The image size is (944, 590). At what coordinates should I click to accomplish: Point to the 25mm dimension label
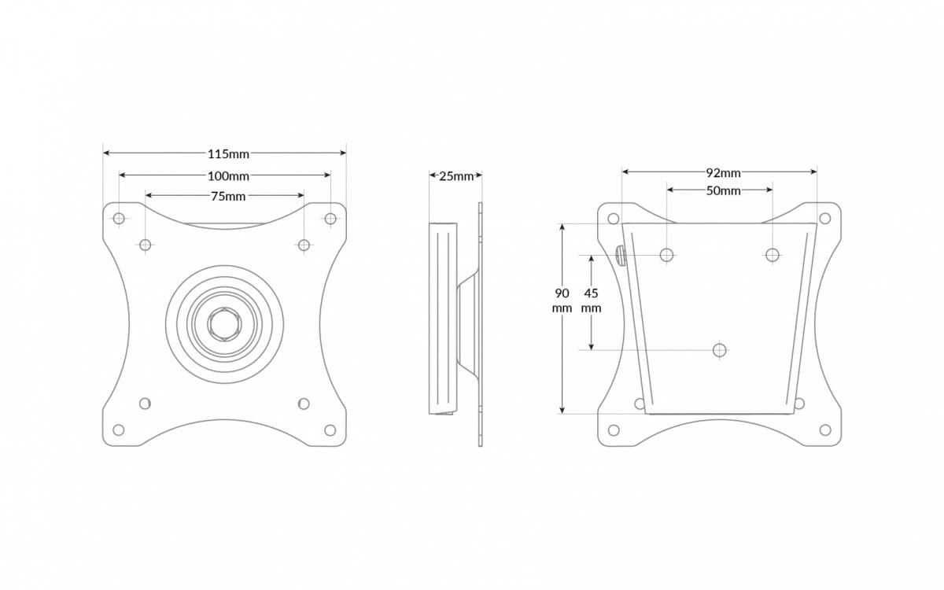(x=456, y=176)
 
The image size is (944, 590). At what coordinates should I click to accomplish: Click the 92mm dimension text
(x=723, y=172)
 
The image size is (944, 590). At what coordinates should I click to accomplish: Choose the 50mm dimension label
(x=723, y=190)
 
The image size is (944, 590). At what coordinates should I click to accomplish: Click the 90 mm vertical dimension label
(x=562, y=301)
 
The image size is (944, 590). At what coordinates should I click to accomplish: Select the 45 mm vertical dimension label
(x=591, y=301)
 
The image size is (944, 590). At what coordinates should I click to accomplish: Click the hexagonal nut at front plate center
(x=225, y=323)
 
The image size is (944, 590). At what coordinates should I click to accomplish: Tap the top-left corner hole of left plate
(x=119, y=218)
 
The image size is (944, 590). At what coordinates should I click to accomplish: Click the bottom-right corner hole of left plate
(x=330, y=430)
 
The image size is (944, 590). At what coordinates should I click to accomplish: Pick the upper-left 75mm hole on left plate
(x=146, y=245)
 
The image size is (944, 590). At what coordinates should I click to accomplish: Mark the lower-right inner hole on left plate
(x=304, y=404)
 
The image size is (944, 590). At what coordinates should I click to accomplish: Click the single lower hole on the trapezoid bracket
(x=719, y=349)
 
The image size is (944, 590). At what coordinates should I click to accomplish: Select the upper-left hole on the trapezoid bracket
(x=667, y=254)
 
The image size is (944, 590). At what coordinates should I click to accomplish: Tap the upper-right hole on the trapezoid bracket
(x=773, y=254)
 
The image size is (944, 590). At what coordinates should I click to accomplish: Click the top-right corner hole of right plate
(x=825, y=218)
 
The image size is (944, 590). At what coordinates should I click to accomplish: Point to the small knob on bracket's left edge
(x=620, y=256)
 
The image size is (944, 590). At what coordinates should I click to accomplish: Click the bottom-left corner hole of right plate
(x=614, y=430)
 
